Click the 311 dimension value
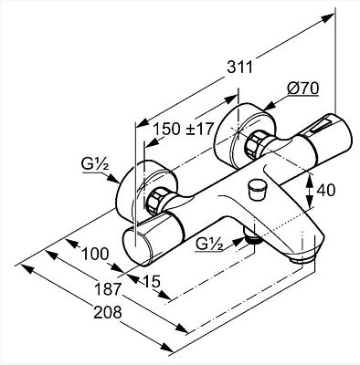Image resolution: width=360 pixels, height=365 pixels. (240, 67)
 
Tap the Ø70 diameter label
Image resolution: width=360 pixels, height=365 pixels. (302, 89)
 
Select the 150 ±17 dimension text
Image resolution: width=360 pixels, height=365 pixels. (182, 129)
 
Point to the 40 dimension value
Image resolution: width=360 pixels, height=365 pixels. (326, 191)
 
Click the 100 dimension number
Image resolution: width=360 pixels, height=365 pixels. (95, 254)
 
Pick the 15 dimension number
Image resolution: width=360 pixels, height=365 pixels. (151, 281)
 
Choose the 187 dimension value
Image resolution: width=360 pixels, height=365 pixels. (108, 289)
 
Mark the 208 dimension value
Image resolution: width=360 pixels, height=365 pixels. (108, 312)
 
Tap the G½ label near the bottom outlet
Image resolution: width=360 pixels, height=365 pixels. (209, 244)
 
